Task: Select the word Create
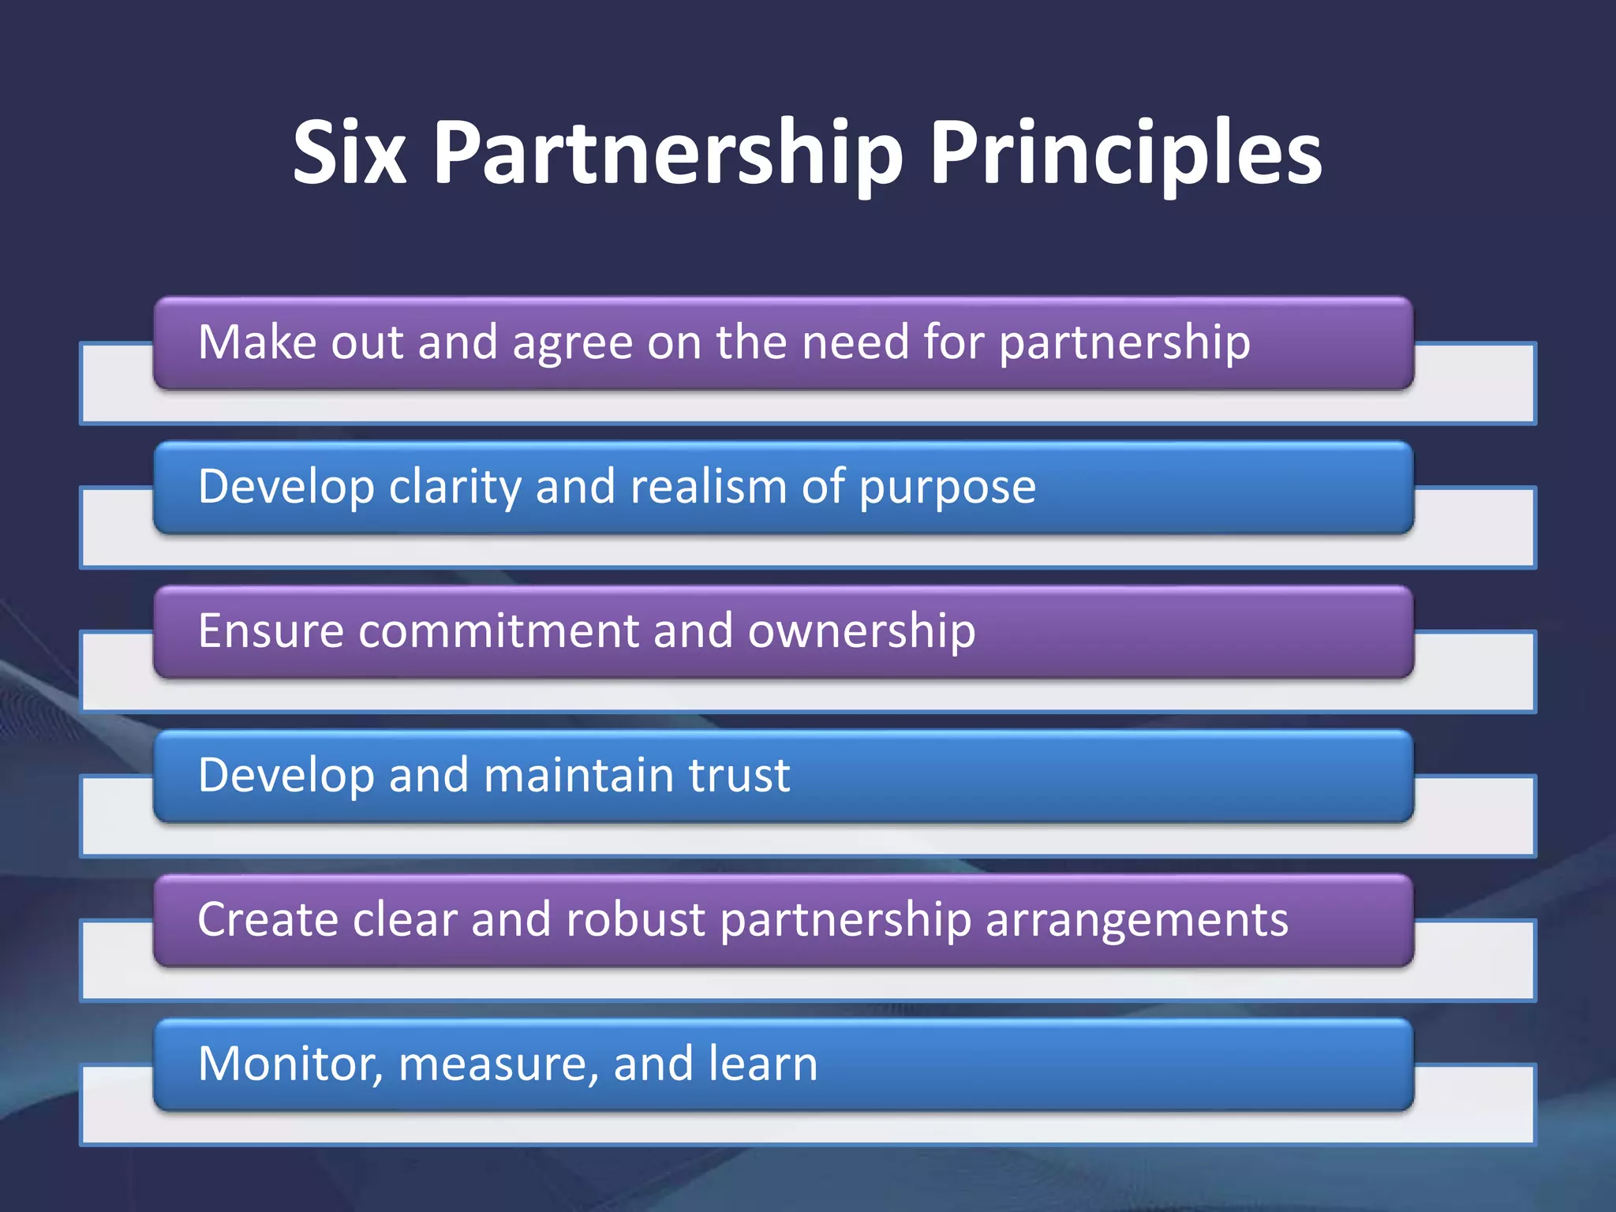click(267, 919)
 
